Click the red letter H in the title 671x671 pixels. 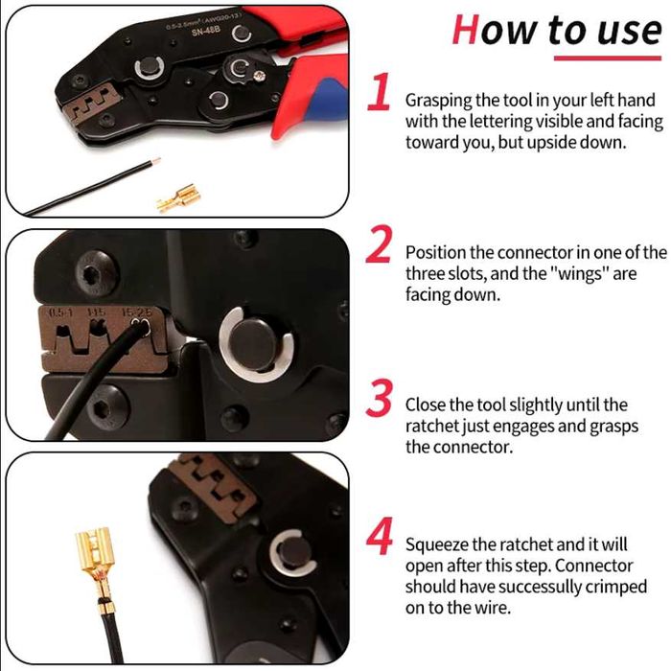465,30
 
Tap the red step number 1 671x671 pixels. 380,91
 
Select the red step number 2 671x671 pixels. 380,243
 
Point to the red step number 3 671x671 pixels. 380,398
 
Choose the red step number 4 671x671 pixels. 380,536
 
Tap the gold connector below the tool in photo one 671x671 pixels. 179,197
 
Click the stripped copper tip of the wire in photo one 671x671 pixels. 155,163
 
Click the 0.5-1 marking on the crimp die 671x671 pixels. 60,312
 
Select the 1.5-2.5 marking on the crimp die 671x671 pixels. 136,312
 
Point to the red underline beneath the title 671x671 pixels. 608,58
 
